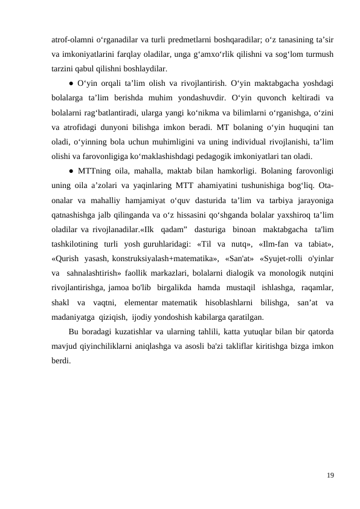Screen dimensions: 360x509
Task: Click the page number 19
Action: click(329, 476)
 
